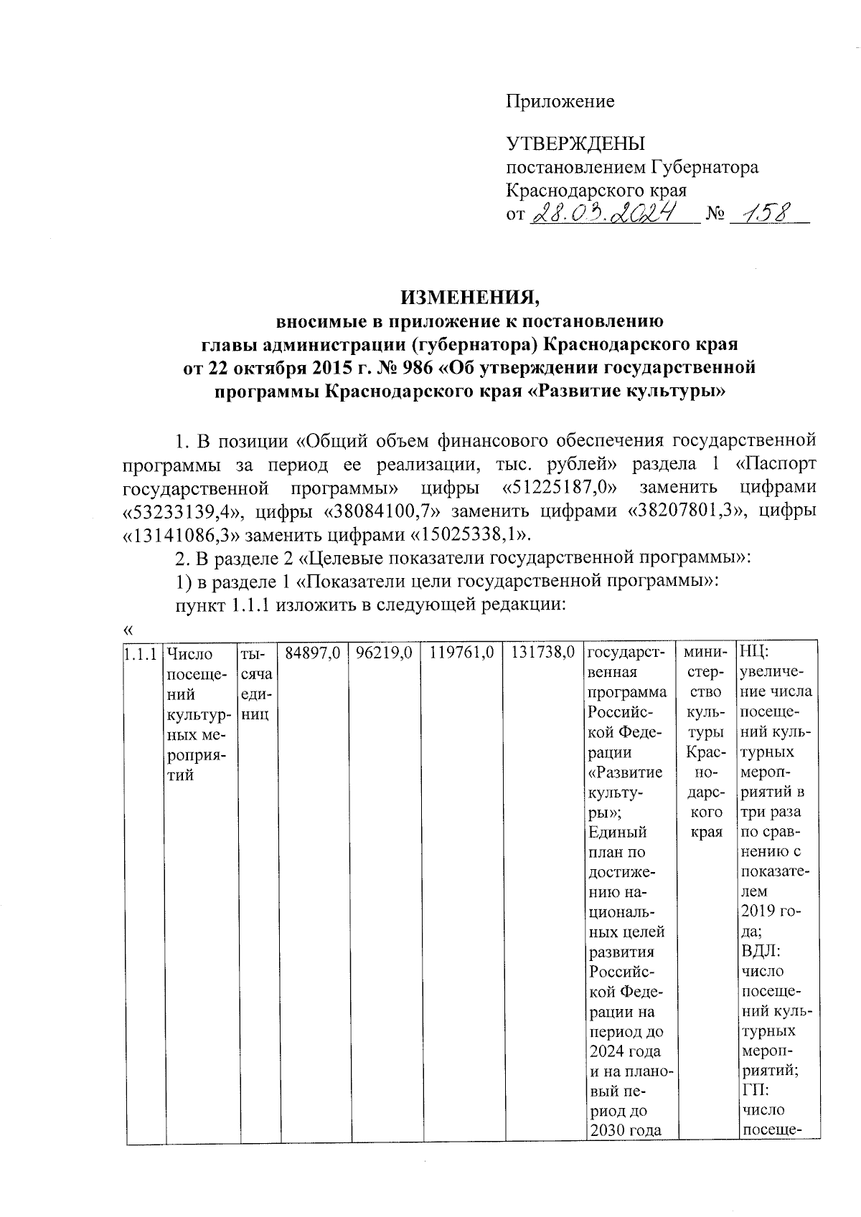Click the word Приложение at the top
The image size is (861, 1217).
click(x=560, y=102)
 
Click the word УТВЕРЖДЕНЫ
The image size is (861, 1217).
click(x=576, y=144)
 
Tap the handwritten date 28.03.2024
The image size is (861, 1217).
click(x=603, y=212)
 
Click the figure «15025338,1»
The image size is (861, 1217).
click(x=471, y=535)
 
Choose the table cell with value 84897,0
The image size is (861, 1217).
click(x=313, y=653)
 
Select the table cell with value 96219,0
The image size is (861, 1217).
click(x=385, y=653)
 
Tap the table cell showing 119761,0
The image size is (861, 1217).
click(x=462, y=653)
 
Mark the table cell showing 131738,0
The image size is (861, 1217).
click(x=544, y=653)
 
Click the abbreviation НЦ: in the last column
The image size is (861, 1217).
click(x=754, y=653)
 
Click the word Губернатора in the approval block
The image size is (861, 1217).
click(x=705, y=168)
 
